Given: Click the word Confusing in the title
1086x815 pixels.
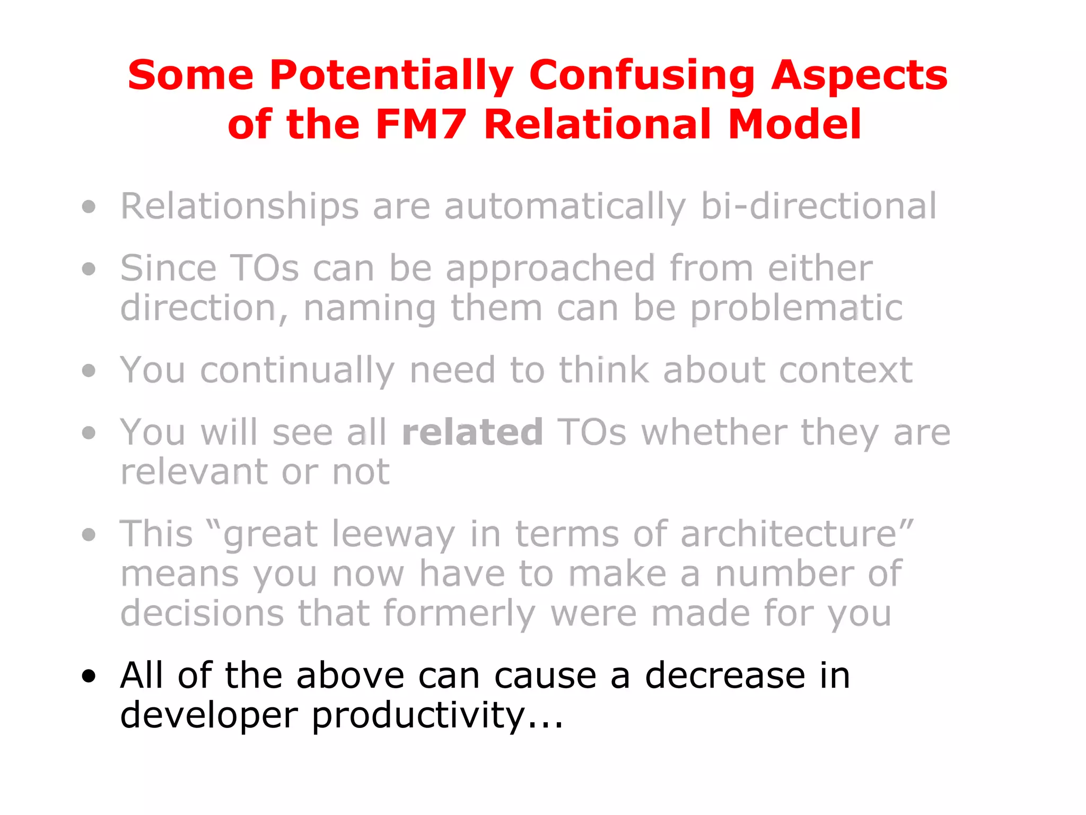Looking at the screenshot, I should [642, 75].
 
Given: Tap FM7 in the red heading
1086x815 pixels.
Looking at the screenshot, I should [421, 125].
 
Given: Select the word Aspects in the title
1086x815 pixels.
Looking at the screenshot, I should [859, 75].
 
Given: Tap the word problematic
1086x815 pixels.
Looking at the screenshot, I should [796, 308].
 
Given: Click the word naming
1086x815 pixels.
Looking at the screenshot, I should [370, 308].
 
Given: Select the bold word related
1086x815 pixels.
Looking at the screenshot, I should [472, 432].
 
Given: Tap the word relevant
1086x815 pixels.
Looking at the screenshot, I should [194, 472].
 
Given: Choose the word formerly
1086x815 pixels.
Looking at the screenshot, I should [459, 613].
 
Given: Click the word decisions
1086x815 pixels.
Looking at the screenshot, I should [202, 613].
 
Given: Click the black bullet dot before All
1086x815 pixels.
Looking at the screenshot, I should [89, 676].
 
